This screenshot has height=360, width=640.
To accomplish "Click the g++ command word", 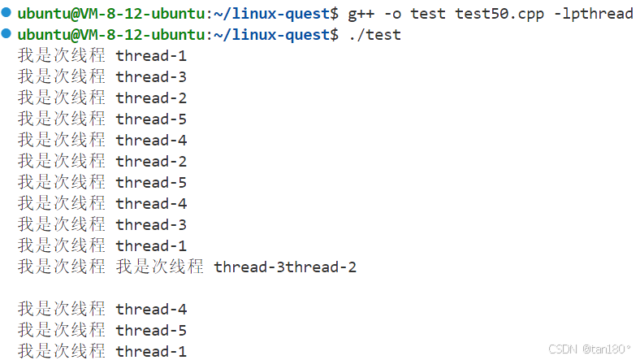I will click(362, 14).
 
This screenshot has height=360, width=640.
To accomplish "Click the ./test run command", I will click(374, 35).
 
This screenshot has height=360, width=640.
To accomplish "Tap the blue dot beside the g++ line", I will click(6, 13).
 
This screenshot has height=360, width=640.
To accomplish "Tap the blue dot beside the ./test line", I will click(6, 34).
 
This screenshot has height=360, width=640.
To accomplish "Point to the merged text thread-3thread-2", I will click(285, 267).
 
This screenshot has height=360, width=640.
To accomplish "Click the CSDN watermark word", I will click(562, 349).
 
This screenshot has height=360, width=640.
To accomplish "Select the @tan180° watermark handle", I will click(606, 349).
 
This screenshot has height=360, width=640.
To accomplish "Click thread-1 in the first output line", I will click(151, 56).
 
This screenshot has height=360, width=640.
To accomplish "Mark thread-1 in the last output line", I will click(151, 352).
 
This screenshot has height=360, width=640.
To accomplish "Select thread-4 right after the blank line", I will click(151, 310).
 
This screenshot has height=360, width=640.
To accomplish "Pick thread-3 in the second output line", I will click(151, 77).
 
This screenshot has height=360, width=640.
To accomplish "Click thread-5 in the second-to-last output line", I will click(151, 331).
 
